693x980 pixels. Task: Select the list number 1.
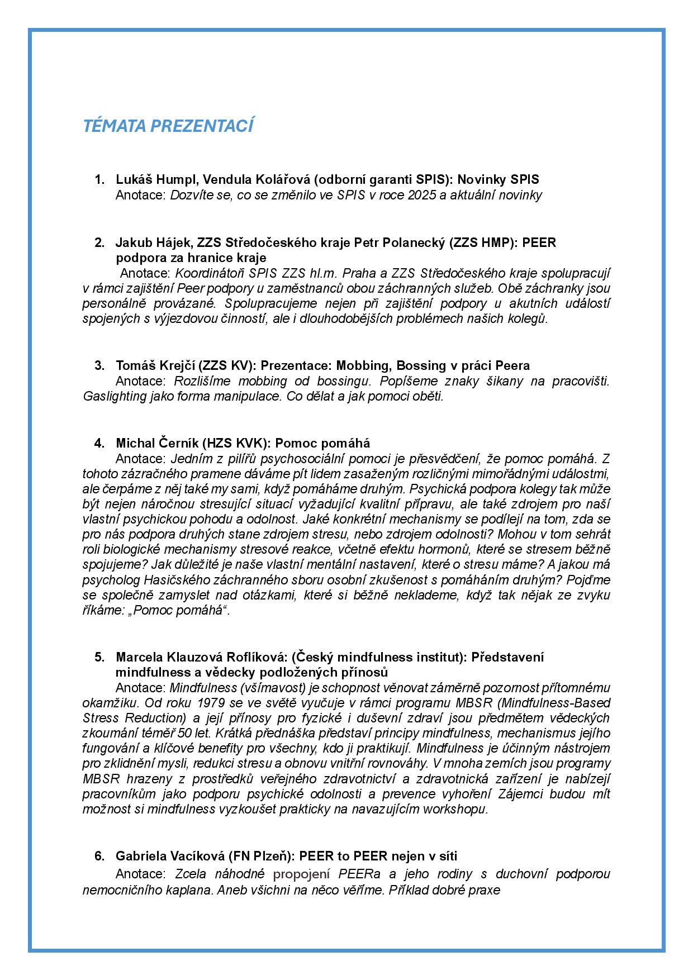99,179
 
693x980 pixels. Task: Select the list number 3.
99,365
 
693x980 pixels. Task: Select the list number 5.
99,656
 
